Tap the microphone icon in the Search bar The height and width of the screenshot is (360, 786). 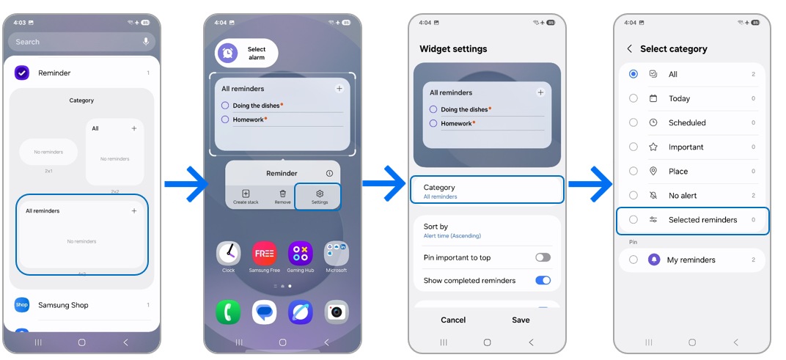[x=146, y=42]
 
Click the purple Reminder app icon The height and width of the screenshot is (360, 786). [x=22, y=73]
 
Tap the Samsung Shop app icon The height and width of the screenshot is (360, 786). [x=22, y=305]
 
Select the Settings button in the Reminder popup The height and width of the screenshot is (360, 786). [x=319, y=196]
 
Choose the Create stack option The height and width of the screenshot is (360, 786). [x=246, y=196]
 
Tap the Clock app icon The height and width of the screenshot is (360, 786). [x=229, y=254]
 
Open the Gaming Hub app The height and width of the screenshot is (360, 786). [x=300, y=254]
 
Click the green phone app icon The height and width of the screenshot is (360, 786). [x=229, y=312]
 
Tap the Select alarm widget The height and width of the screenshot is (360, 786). [x=246, y=54]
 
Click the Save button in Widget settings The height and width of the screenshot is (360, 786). [x=521, y=320]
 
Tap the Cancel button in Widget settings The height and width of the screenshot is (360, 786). [x=453, y=320]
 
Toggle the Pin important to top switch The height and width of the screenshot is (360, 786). [x=543, y=257]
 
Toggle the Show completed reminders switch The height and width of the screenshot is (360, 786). [x=543, y=280]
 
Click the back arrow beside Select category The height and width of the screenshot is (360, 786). [x=629, y=49]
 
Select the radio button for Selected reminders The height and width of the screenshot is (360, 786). [x=633, y=220]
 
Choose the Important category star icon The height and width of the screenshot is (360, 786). [x=653, y=147]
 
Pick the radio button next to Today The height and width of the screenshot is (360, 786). [x=633, y=98]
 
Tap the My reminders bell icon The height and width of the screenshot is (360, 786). [x=654, y=260]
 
